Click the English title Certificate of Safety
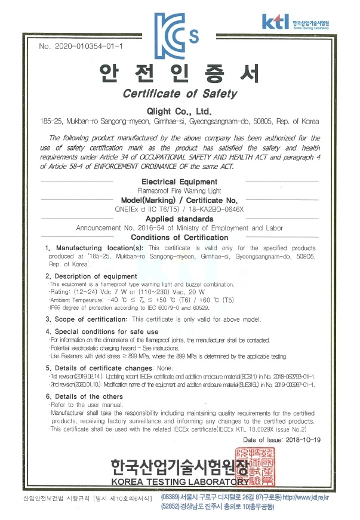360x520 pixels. pyautogui.click(x=180, y=94)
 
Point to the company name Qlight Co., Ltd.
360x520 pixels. pyautogui.click(x=179, y=111)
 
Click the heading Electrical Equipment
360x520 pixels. pyautogui.click(x=179, y=180)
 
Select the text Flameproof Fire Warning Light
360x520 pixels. pyautogui.click(x=179, y=189)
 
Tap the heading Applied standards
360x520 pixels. pyautogui.click(x=179, y=219)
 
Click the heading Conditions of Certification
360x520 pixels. pyautogui.click(x=179, y=237)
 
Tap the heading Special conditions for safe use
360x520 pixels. pyautogui.click(x=106, y=331)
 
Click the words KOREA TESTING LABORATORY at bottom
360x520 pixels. pyautogui.click(x=179, y=482)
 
